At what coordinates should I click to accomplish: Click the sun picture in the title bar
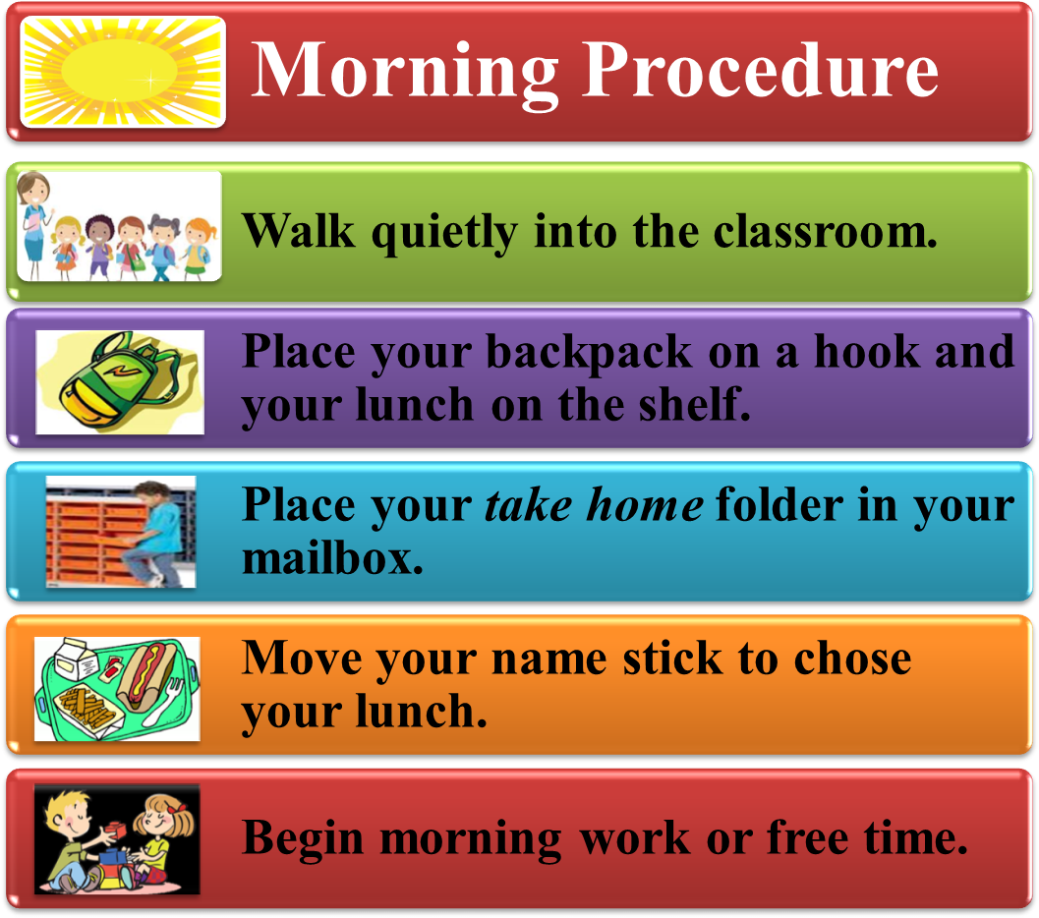click(x=123, y=72)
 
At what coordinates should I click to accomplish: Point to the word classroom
click(x=825, y=232)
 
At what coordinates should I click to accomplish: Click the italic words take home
click(x=594, y=505)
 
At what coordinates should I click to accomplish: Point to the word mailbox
click(x=332, y=558)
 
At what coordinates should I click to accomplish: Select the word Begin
click(x=304, y=838)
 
